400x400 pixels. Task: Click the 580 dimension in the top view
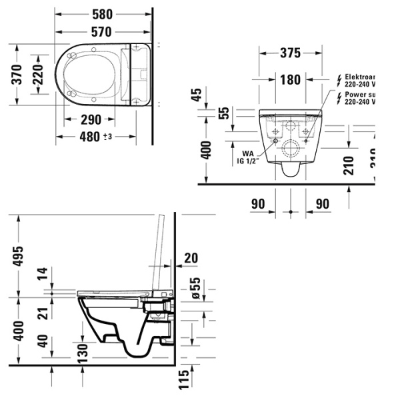coord(102,14)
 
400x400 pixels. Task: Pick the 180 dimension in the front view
coord(290,80)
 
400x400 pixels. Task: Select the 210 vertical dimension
coord(349,165)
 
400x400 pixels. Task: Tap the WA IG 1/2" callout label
coord(247,156)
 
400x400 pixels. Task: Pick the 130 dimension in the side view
coord(82,352)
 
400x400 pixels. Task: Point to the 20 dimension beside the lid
coord(192,257)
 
